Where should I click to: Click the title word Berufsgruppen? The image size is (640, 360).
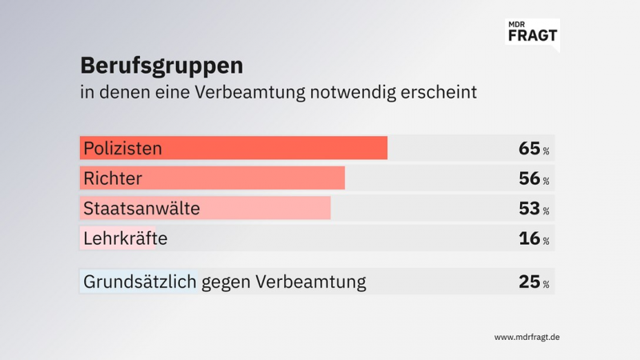162,64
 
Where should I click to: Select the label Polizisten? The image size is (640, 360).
122,148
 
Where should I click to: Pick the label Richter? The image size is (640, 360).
112,178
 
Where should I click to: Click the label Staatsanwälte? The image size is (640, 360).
142,209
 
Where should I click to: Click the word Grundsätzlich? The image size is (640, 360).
139,282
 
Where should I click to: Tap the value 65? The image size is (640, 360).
529,148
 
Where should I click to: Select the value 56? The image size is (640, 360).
529,178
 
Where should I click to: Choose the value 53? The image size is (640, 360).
529,209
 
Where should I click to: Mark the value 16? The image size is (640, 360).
529,238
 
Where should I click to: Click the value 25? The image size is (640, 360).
529,282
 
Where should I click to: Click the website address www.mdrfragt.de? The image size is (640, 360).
526,337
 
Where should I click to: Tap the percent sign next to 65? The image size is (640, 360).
546,151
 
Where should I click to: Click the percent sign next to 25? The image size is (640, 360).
546,285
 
